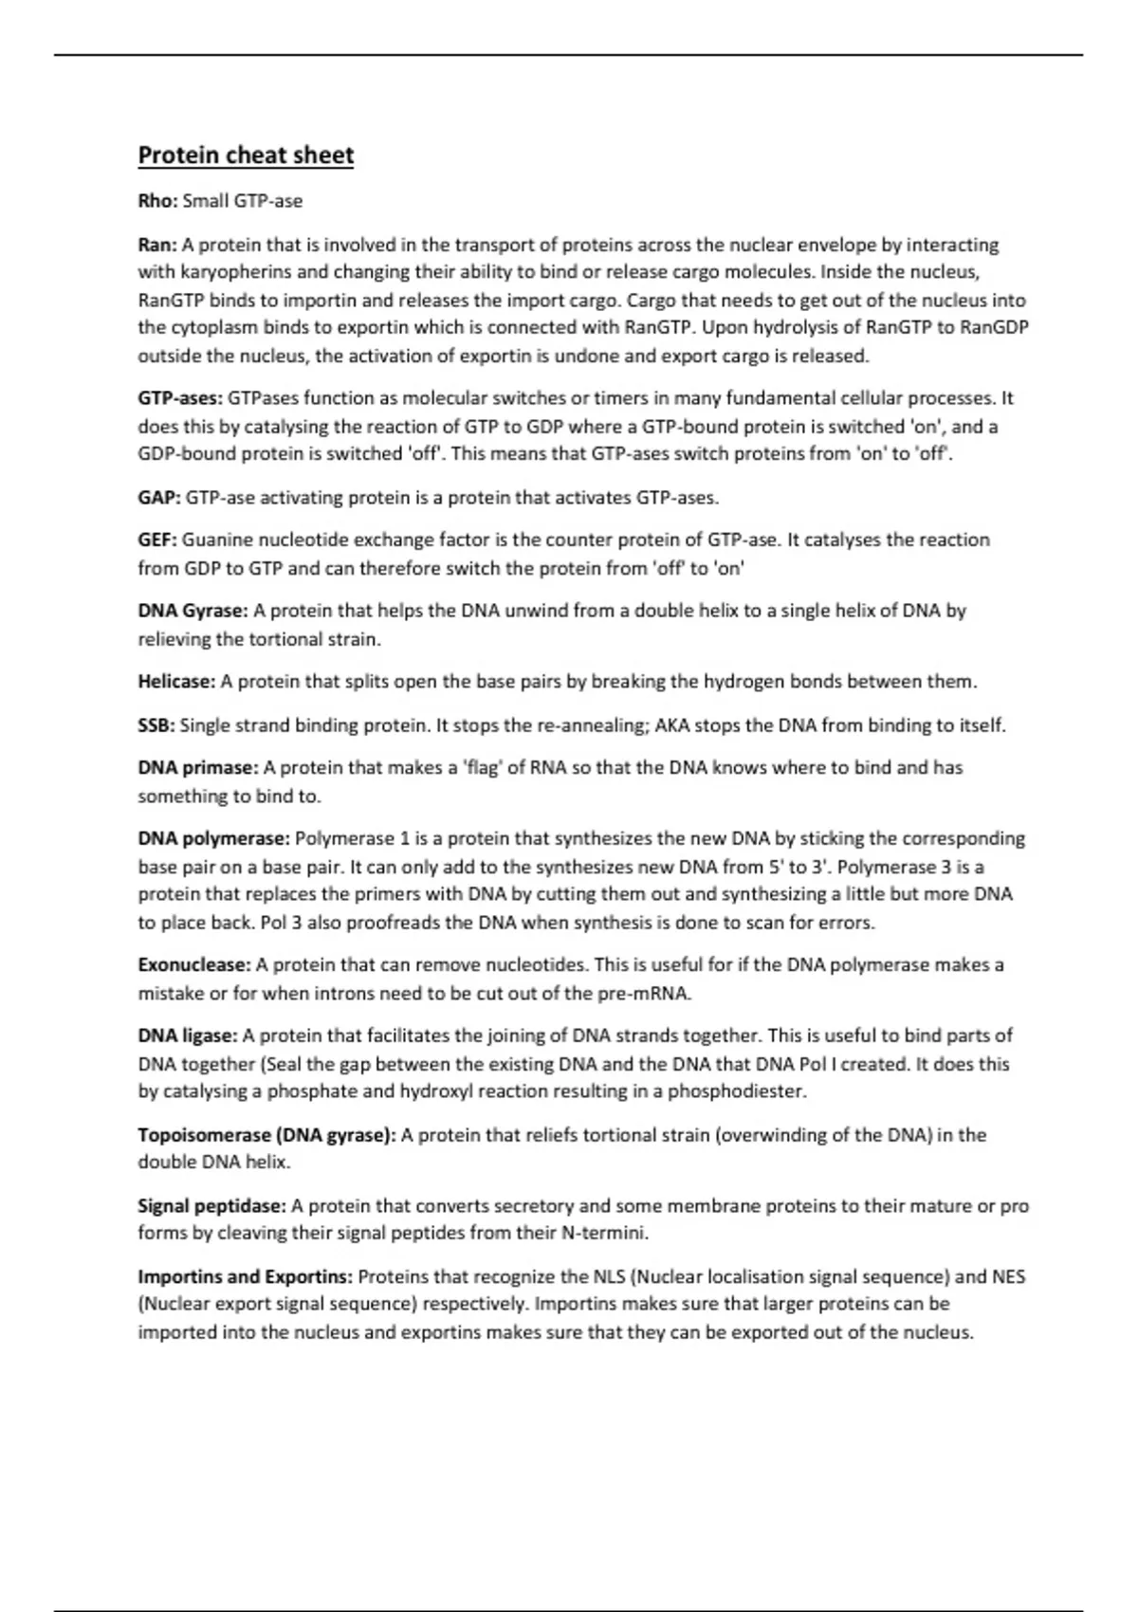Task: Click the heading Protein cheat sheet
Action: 246,156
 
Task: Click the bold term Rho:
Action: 157,201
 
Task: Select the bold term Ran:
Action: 157,245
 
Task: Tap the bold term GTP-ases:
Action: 180,398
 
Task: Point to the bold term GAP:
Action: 159,498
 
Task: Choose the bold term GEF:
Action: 157,540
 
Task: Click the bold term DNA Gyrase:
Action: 193,611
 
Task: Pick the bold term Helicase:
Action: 177,682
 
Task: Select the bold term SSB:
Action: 156,725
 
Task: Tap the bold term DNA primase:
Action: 198,768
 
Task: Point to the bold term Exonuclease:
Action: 194,965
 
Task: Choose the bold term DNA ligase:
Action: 188,1035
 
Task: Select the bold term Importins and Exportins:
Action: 246,1277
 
